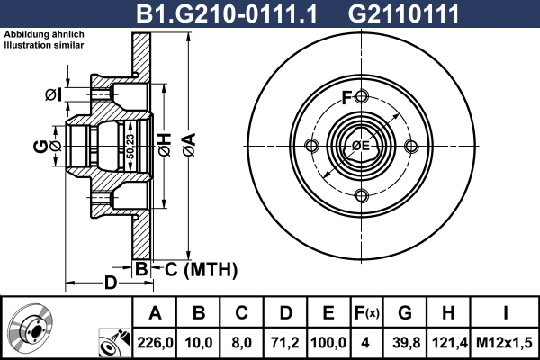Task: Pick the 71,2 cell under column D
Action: [286, 341]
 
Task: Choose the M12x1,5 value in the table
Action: [504, 341]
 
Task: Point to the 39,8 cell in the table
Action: [404, 341]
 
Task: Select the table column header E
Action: [328, 313]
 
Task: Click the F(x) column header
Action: [366, 313]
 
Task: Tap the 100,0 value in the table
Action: [328, 341]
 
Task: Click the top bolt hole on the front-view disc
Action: [362, 97]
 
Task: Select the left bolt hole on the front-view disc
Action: [312, 147]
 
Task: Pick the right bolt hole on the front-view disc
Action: [411, 147]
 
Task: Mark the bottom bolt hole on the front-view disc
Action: [362, 196]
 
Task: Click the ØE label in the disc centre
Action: [361, 147]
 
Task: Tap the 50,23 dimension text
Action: [130, 145]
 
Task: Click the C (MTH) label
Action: [200, 268]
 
